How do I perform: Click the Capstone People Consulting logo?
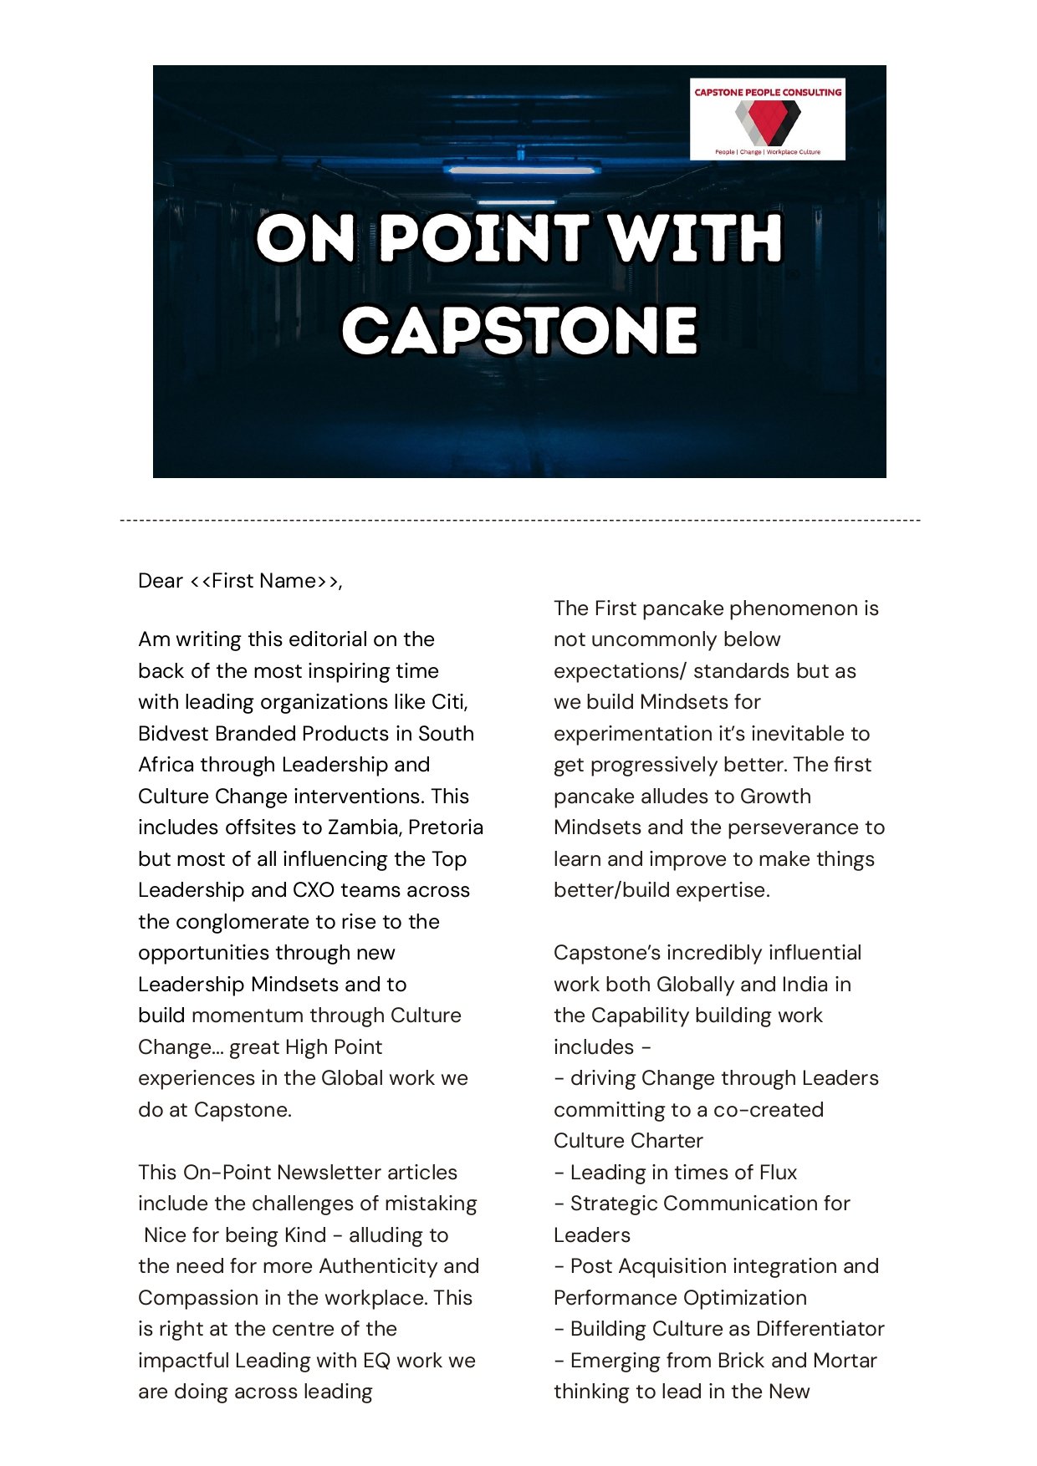pyautogui.click(x=767, y=119)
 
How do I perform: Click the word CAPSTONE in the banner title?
pyautogui.click(x=519, y=330)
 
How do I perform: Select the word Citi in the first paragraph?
pyautogui.click(x=449, y=702)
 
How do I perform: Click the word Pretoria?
pyautogui.click(x=446, y=827)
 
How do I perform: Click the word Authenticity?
pyautogui.click(x=378, y=1266)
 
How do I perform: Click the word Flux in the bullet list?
pyautogui.click(x=779, y=1173)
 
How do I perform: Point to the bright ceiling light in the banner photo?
pyautogui.click(x=522, y=170)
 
